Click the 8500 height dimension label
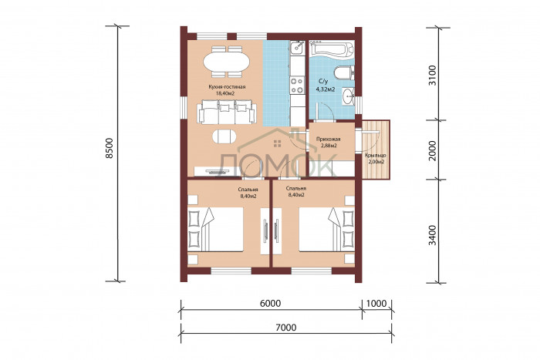[x=110, y=148]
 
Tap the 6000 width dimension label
[x=270, y=303]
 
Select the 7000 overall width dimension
[x=286, y=327]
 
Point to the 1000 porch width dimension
[x=376, y=303]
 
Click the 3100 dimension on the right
[x=433, y=76]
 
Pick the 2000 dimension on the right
[x=433, y=150]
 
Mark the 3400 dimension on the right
[x=433, y=235]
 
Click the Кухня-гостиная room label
[x=227, y=87]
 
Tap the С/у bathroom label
[x=323, y=82]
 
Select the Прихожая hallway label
[x=328, y=139]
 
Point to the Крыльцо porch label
[x=376, y=156]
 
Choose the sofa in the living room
[x=227, y=112]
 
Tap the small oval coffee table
[x=224, y=136]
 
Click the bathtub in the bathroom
[x=332, y=49]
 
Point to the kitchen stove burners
[x=297, y=86]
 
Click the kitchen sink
[x=296, y=49]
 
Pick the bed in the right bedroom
[x=326, y=230]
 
